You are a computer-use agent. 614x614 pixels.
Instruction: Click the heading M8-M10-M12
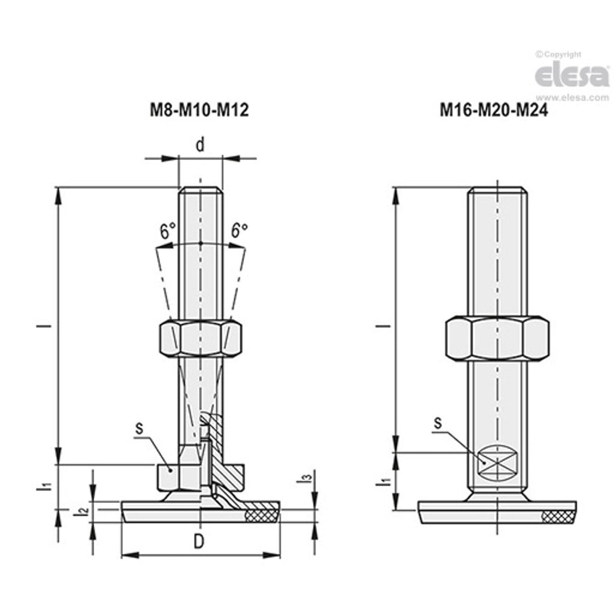click(199, 110)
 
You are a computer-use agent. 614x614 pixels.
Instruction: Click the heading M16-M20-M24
click(494, 110)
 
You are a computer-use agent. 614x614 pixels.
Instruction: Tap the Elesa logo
click(572, 76)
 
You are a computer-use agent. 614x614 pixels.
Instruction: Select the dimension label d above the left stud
click(200, 145)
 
